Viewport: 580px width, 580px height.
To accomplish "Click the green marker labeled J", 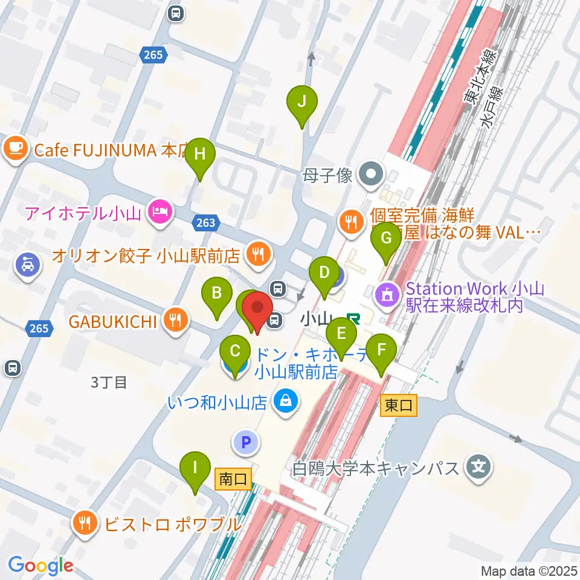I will pyautogui.click(x=302, y=102).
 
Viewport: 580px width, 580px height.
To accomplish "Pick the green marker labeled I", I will pyautogui.click(x=195, y=468).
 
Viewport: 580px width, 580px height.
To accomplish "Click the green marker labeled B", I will pyautogui.click(x=217, y=294).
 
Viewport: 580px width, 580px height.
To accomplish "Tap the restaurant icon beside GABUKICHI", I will pyautogui.click(x=176, y=320).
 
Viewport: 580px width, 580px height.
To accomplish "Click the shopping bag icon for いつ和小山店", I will pyautogui.click(x=284, y=400).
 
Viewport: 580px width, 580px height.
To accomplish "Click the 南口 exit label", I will pyautogui.click(x=233, y=480).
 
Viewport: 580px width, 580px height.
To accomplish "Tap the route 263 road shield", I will pyautogui.click(x=205, y=223).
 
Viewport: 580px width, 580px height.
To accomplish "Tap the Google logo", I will pyautogui.click(x=40, y=565).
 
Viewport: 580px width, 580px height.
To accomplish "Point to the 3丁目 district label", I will pyautogui.click(x=109, y=382).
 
